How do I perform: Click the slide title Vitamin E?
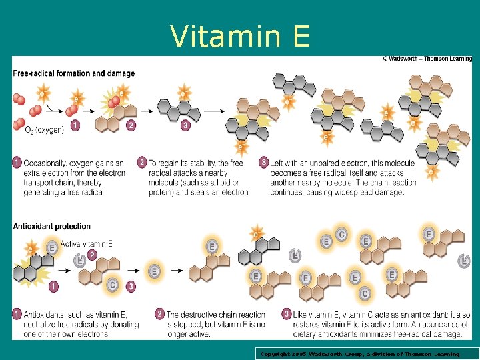[x=240, y=36]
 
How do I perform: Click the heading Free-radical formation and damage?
[x=73, y=73]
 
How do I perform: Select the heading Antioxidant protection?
[x=52, y=227]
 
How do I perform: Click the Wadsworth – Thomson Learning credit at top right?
[x=427, y=59]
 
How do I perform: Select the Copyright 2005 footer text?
[x=360, y=354]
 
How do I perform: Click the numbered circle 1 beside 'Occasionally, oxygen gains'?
[x=17, y=162]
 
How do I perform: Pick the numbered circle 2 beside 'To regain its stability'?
[x=141, y=162]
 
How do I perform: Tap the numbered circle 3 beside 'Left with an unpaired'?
[x=264, y=162]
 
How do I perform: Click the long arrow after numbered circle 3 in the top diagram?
[x=213, y=110]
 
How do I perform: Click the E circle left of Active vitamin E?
[x=51, y=247]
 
